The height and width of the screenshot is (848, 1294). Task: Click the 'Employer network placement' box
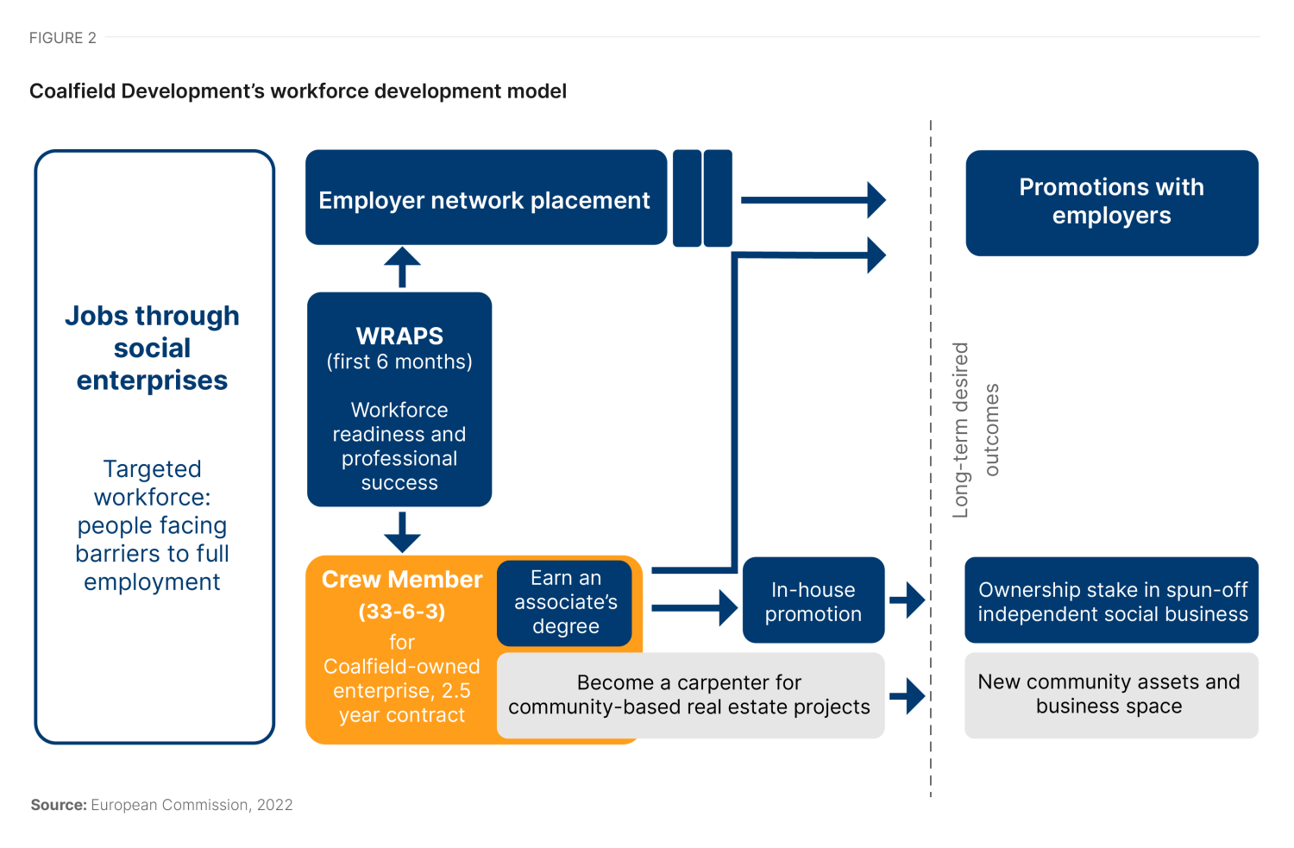(485, 199)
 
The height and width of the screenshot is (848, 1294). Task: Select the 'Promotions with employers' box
(1111, 202)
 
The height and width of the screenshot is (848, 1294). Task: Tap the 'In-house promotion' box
(813, 601)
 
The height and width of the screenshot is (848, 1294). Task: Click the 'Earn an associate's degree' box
(565, 601)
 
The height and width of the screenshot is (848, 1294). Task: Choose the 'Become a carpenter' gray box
(689, 695)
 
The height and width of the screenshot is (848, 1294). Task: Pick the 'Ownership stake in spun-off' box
(1111, 601)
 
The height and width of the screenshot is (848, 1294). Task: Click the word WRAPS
(399, 336)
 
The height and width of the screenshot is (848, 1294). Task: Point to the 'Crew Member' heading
(402, 580)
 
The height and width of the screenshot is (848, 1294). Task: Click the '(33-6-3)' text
(402, 612)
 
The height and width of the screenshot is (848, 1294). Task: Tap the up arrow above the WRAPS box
(402, 267)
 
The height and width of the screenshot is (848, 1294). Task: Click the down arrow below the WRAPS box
(402, 532)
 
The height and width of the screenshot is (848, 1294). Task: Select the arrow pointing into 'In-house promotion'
(694, 607)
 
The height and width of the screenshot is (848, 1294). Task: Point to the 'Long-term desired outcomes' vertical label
(975, 430)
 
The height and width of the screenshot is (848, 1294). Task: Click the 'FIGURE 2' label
(63, 38)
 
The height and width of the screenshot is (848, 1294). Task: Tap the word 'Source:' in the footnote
(59, 805)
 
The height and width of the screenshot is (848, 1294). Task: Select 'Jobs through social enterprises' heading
(153, 348)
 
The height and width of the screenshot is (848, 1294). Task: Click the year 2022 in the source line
(274, 805)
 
